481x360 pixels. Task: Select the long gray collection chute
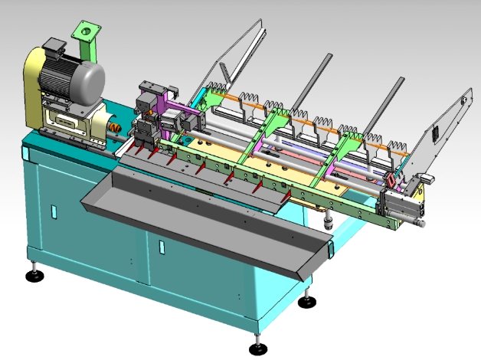[x=207, y=215]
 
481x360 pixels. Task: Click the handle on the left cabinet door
[x=53, y=210]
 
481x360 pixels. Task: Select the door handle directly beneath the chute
[x=161, y=247]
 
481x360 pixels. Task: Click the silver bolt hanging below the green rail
[x=328, y=223]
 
